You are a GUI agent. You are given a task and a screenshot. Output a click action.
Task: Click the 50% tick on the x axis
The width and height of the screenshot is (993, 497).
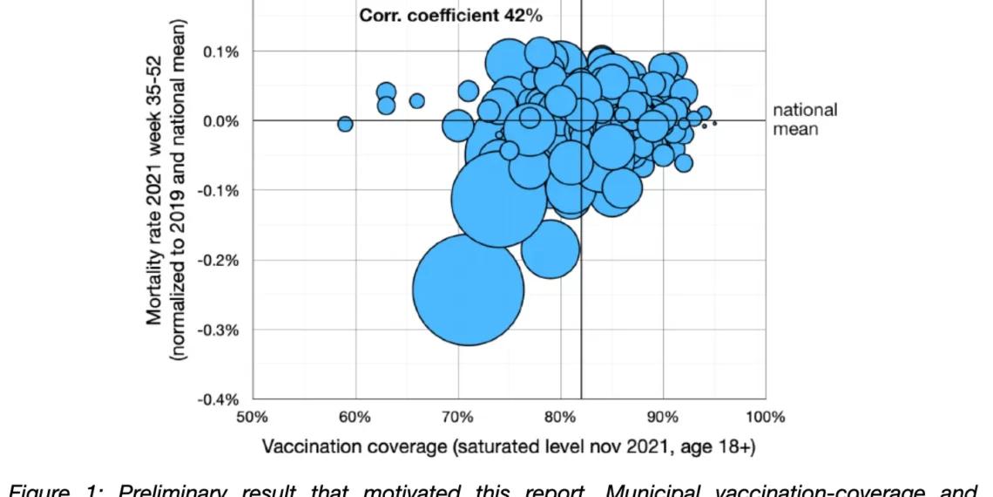click(x=253, y=417)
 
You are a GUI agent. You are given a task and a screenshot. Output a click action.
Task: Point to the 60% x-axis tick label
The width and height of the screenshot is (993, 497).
click(x=355, y=417)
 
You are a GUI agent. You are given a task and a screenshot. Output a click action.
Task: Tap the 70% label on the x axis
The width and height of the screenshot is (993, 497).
click(x=458, y=417)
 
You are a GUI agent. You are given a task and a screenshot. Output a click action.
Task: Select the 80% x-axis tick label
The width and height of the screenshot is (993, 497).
click(x=561, y=417)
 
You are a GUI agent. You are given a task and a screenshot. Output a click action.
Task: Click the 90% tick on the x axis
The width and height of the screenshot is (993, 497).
click(x=664, y=417)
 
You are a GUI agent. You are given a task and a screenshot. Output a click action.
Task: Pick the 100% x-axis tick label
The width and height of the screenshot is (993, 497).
click(x=765, y=417)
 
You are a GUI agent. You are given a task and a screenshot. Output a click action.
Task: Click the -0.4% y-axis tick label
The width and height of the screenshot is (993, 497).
click(x=221, y=399)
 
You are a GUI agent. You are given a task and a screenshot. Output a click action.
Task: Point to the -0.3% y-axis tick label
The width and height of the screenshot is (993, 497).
click(x=221, y=330)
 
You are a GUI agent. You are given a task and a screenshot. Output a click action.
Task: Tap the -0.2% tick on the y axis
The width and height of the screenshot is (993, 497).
click(x=221, y=260)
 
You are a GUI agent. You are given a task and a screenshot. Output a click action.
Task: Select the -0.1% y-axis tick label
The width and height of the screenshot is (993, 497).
click(x=221, y=190)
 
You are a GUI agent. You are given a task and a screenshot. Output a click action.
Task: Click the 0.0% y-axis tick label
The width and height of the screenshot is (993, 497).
click(x=223, y=120)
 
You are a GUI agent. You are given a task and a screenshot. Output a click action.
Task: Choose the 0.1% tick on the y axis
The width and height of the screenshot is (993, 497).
click(x=223, y=51)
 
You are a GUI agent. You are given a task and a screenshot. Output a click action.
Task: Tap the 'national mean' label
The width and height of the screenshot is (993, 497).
click(x=805, y=119)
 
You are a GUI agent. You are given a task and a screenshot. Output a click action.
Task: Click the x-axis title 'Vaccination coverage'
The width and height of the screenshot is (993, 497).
click(x=509, y=447)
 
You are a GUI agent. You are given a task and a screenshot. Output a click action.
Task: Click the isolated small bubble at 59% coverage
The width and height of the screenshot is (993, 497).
click(x=345, y=124)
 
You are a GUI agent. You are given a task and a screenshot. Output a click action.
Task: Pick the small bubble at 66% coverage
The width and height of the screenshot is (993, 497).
click(x=417, y=101)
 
